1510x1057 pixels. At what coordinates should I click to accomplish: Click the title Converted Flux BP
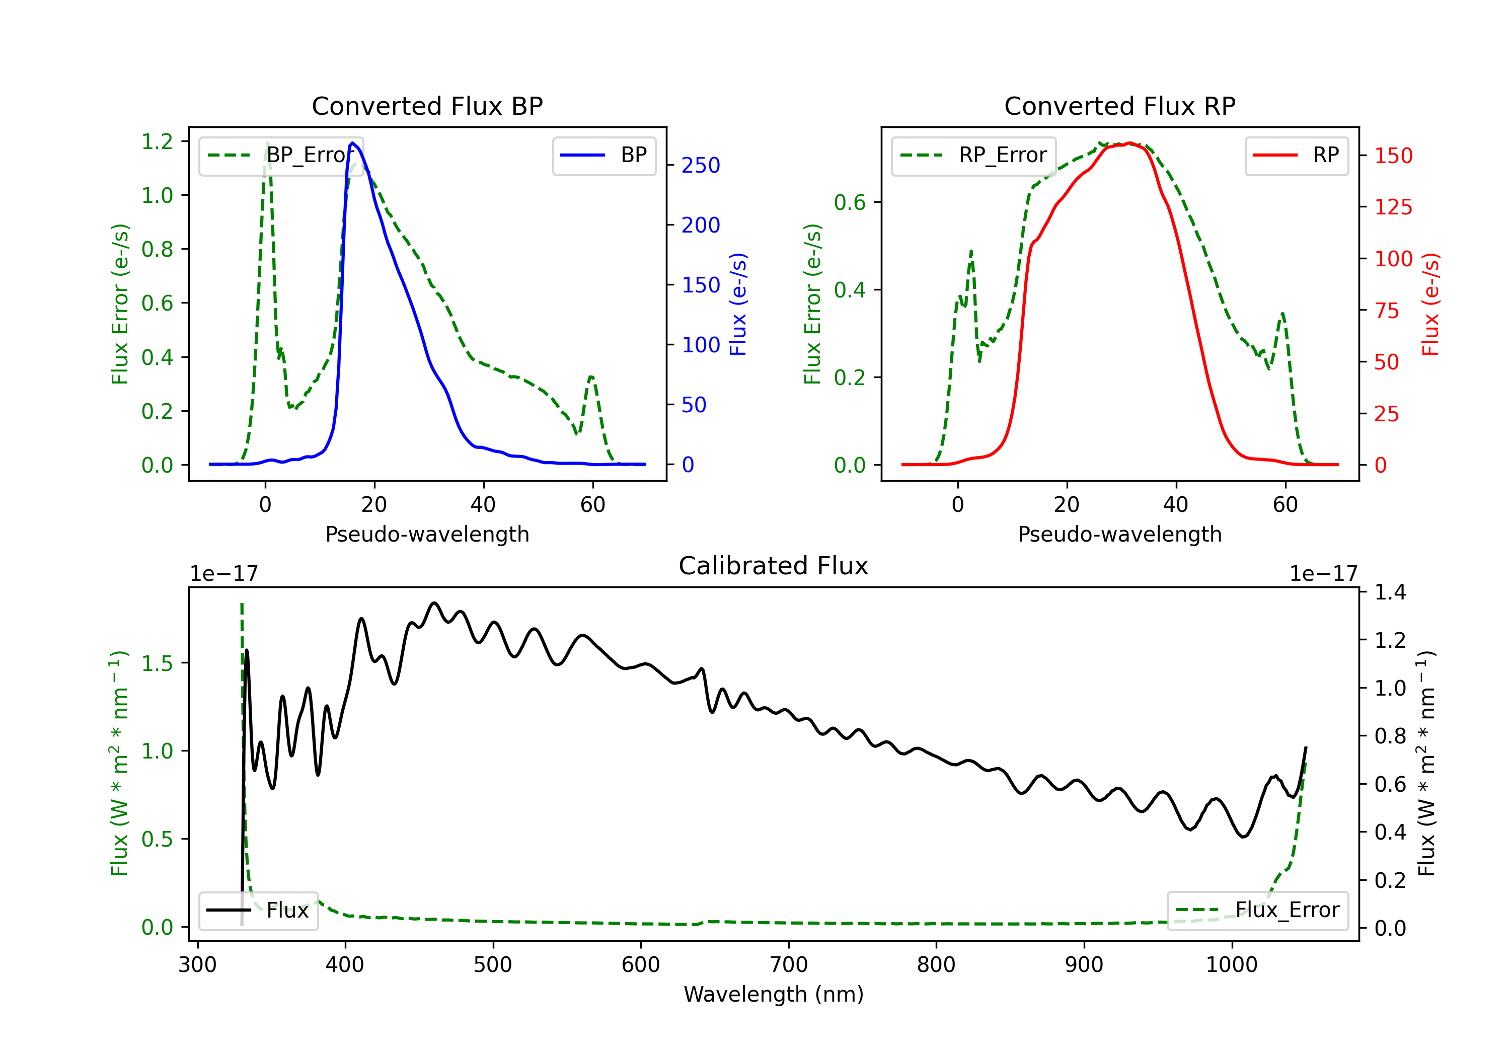click(427, 106)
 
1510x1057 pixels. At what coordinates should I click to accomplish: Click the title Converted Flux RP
click(1120, 106)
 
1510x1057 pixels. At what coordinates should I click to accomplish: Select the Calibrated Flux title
click(774, 566)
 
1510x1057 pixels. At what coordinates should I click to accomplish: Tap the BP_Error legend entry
click(281, 155)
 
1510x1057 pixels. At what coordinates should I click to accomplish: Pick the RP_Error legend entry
click(973, 155)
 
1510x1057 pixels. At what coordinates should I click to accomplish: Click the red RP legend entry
click(1296, 155)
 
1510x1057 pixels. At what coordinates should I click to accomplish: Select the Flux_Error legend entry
click(1257, 911)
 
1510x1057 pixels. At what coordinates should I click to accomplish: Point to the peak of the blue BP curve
click(352, 143)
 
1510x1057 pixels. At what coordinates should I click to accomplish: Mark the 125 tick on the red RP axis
click(1393, 207)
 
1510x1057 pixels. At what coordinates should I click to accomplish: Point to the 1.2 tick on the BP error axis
click(157, 141)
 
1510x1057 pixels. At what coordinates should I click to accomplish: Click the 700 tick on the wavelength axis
click(789, 964)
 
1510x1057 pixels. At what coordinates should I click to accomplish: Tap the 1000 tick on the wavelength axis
click(1232, 964)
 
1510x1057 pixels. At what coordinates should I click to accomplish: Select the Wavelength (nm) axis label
click(774, 994)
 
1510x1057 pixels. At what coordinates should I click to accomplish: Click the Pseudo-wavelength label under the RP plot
click(1120, 534)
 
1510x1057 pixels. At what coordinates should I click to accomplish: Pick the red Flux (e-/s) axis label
click(1430, 304)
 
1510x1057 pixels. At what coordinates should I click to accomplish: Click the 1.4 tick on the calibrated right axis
click(1390, 592)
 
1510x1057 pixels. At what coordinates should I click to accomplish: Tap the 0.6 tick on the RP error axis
click(850, 202)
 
